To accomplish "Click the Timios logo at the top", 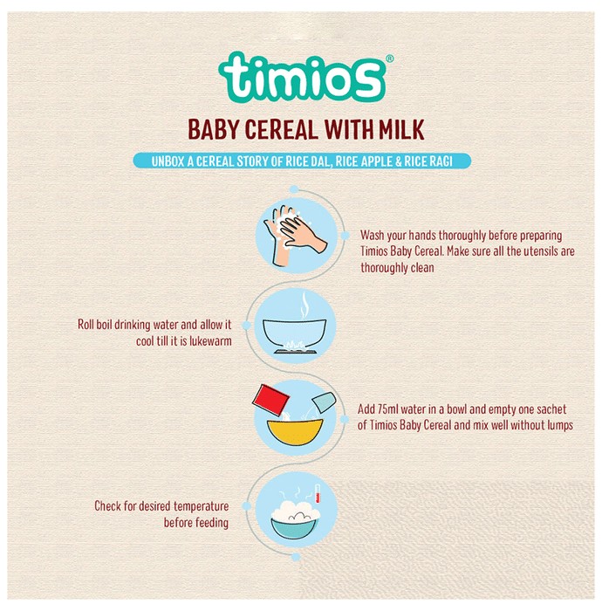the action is pyautogui.click(x=302, y=77).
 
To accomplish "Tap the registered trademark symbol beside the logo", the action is pyautogui.click(x=389, y=58).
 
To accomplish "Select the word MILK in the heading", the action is pyautogui.click(x=401, y=129).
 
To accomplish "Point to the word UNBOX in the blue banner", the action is pyautogui.click(x=168, y=161).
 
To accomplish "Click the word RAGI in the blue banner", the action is pyautogui.click(x=441, y=161).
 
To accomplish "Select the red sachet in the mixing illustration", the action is pyautogui.click(x=271, y=400).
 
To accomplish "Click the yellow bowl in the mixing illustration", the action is pyautogui.click(x=295, y=431).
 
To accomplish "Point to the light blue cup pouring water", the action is pyautogui.click(x=324, y=402).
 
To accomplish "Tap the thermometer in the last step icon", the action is pyautogui.click(x=318, y=493).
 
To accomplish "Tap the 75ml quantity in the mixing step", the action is pyautogui.click(x=386, y=409).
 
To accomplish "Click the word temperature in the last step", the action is pyautogui.click(x=201, y=506).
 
